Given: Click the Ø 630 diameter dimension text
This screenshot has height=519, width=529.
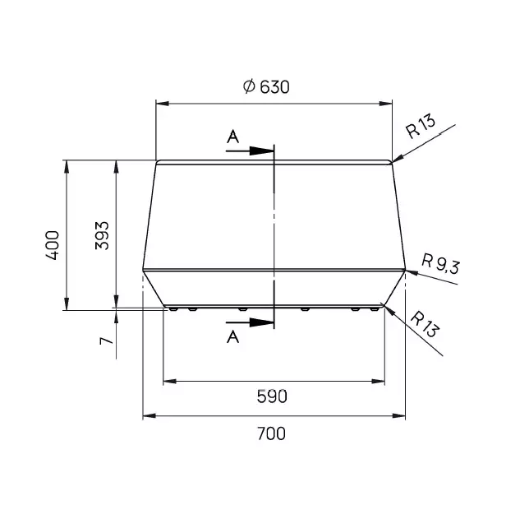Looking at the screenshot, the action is click(x=266, y=87).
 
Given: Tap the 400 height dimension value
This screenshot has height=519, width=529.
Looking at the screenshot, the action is click(x=53, y=245).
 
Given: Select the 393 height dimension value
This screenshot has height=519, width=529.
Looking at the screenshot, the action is click(x=102, y=235).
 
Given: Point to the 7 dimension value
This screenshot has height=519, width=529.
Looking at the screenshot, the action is click(x=107, y=341).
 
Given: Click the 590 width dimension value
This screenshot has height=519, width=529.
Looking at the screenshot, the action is click(x=272, y=396).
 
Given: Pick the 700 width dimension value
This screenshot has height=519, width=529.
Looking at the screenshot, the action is click(x=272, y=433).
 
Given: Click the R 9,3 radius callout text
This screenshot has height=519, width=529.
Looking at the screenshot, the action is click(x=440, y=264).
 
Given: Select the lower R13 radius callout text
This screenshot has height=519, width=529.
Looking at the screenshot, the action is click(x=425, y=324).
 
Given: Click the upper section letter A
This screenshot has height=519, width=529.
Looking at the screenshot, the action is click(x=232, y=137).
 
